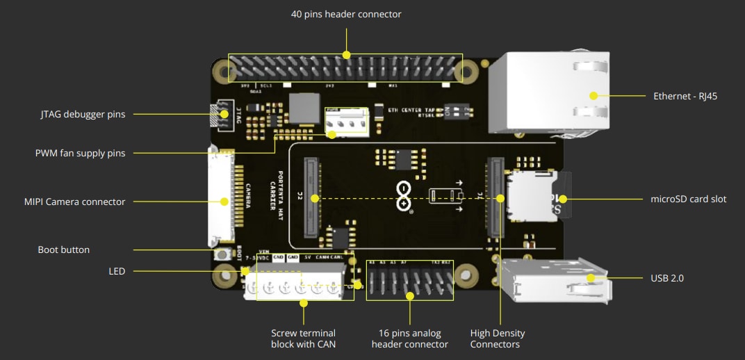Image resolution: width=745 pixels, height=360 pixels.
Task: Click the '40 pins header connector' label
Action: [x=345, y=14]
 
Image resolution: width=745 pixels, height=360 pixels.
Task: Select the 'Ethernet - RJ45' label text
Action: [x=685, y=96]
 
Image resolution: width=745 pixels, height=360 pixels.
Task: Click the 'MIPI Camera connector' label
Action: [x=74, y=202]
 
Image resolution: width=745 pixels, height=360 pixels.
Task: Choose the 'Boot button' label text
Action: [x=63, y=249]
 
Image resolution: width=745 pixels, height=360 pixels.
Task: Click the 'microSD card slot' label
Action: [x=689, y=199]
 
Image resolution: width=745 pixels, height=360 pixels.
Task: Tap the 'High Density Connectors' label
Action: [x=498, y=338]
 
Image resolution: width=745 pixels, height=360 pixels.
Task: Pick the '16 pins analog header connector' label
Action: [x=409, y=338]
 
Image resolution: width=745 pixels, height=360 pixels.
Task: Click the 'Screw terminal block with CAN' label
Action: [x=304, y=338]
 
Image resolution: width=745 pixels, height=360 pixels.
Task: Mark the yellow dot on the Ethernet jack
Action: [x=593, y=96]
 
